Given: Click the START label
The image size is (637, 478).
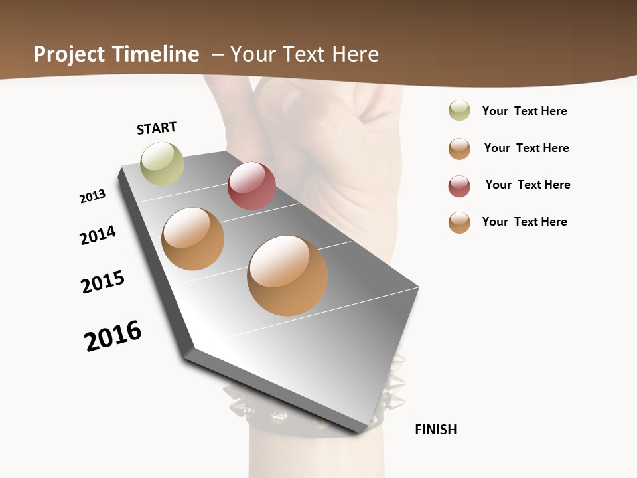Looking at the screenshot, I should [157, 128].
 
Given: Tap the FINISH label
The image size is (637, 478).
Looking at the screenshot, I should [436, 430].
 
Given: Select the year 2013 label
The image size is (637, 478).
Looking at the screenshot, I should [92, 197].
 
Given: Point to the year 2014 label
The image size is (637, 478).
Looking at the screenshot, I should [98, 235].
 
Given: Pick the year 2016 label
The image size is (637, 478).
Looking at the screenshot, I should [113, 336].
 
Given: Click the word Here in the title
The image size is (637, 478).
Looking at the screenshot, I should [356, 54].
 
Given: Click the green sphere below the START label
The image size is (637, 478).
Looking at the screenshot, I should [163, 163].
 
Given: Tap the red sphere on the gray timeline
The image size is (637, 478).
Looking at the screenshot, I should [251, 186].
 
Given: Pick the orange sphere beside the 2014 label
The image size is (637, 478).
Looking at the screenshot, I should [193, 239].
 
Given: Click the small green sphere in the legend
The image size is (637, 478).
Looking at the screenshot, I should [459, 110].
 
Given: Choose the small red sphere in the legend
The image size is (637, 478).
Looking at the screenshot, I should [459, 186].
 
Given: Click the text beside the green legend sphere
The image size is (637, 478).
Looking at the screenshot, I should [524, 111].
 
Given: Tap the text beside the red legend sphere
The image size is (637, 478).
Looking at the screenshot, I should [528, 185].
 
